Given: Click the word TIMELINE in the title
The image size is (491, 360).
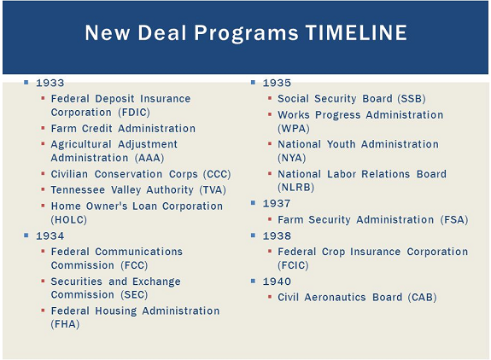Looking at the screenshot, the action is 356,32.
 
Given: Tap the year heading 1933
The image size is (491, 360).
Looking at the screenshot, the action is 50,83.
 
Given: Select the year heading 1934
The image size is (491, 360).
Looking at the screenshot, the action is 50,235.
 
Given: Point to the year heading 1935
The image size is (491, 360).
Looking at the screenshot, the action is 277,83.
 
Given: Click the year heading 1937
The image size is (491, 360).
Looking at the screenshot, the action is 277,204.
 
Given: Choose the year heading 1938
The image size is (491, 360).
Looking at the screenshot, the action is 277,235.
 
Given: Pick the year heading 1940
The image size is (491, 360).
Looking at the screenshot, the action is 277,282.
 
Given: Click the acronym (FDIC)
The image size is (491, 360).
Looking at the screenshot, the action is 134,113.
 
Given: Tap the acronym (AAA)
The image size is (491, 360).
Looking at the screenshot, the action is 149,158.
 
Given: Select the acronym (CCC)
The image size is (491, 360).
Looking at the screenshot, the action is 217,174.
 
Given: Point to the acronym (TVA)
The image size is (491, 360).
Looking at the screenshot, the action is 213,190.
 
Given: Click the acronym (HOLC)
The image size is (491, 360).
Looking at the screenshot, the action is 69,220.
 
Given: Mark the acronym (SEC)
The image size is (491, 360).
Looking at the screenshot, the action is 134,294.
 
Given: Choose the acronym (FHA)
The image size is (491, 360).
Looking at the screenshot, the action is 65,324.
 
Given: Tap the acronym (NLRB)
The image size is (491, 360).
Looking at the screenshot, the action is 296,188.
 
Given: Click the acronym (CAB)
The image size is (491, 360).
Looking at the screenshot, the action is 422,297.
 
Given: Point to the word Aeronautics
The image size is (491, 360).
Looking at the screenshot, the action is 335,297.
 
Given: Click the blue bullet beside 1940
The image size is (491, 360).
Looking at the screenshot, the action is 253,281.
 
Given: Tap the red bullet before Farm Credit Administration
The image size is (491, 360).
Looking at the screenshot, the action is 43,128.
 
